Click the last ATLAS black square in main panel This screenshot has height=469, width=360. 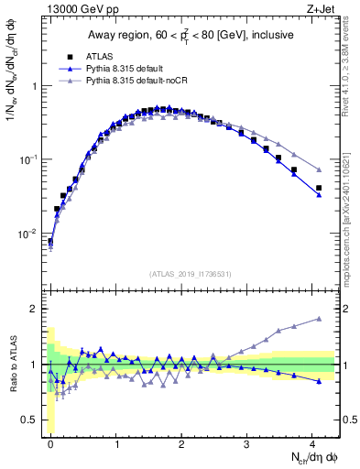click(319, 188)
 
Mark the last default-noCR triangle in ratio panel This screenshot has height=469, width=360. click(319, 319)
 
